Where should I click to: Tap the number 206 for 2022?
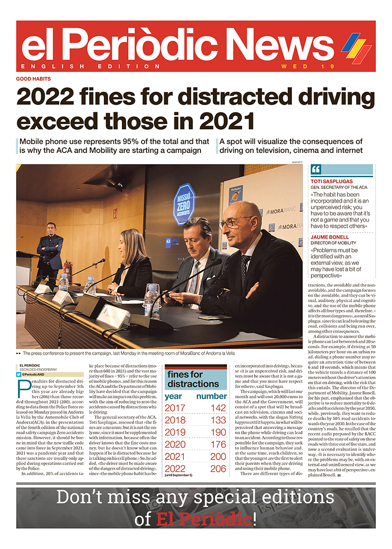pyautogui.click(x=218, y=469)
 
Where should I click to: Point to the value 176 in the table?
pyautogui.click(x=218, y=445)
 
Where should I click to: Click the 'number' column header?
pyautogui.click(x=211, y=396)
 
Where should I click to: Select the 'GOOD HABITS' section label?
pyautogui.click(x=33, y=79)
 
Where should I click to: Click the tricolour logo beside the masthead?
pyautogui.click(x=356, y=48)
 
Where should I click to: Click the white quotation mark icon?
pyautogui.click(x=317, y=170)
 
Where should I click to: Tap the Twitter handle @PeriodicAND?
pyautogui.click(x=35, y=374)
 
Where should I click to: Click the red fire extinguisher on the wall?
pyautogui.click(x=67, y=269)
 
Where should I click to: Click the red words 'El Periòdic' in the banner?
pyautogui.click(x=204, y=519)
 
